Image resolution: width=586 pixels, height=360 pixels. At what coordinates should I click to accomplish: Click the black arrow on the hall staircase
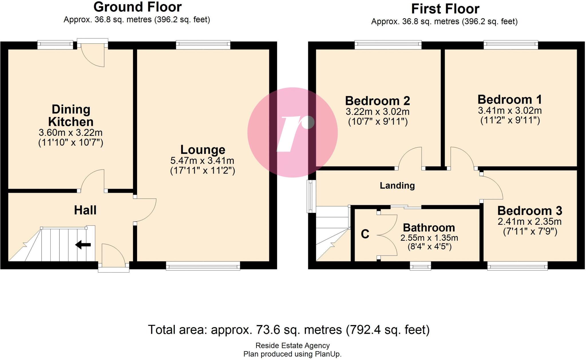tap(83, 245)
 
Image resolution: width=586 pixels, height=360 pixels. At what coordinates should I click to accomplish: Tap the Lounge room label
tap(203, 150)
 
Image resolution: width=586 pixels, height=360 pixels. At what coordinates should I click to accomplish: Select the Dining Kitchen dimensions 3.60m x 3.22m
tap(70, 133)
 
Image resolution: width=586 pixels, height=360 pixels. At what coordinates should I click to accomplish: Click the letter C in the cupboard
tap(365, 234)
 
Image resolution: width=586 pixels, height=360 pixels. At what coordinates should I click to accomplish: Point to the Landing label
tap(397, 186)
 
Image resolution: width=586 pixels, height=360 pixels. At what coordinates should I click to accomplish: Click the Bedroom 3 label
tap(530, 211)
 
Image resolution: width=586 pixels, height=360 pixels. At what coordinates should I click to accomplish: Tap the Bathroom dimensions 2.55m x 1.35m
tap(429, 238)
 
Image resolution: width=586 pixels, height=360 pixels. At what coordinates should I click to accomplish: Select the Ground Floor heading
tap(137, 7)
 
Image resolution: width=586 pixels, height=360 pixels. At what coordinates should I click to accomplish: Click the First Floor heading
tap(445, 9)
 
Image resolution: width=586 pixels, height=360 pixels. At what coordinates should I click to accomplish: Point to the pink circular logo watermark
tap(292, 132)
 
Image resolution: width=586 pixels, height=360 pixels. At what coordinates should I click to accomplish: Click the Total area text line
tap(288, 330)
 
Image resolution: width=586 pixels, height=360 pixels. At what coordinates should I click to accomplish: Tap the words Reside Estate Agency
tap(292, 346)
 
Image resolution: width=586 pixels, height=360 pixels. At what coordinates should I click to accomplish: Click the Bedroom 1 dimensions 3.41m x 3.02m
tap(510, 110)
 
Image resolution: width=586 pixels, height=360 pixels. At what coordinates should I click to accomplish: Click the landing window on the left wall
tap(311, 196)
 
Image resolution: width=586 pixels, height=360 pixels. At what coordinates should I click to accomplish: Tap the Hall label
tap(85, 210)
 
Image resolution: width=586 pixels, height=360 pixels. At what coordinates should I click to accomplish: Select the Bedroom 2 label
tap(377, 101)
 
